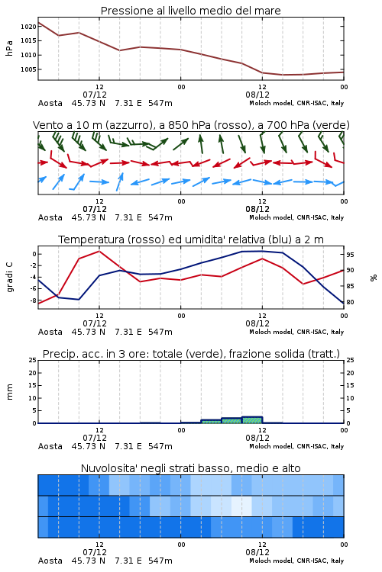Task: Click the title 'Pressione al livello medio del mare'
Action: (x=190, y=11)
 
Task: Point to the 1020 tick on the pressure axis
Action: (x=28, y=26)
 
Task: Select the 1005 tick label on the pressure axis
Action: (x=28, y=69)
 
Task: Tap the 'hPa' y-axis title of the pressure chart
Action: (x=9, y=48)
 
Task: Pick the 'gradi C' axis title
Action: (x=9, y=277)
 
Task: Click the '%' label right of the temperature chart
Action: (x=374, y=278)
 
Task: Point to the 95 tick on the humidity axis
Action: (x=350, y=255)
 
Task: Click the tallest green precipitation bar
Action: (x=252, y=420)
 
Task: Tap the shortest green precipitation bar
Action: (x=212, y=421)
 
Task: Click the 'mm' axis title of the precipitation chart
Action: (x=9, y=392)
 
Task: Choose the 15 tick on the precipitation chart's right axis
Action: (x=350, y=385)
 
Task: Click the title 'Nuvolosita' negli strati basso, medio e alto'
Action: (x=190, y=468)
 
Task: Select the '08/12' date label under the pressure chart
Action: (x=257, y=95)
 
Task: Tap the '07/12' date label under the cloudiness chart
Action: (x=95, y=552)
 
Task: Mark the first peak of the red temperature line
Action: (x=99, y=251)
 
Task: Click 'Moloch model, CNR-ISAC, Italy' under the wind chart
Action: (x=296, y=217)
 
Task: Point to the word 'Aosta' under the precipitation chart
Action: (x=50, y=446)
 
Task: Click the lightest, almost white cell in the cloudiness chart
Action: (x=241, y=506)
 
